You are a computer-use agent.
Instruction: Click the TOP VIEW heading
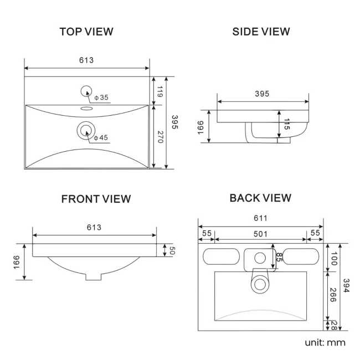click(x=86, y=32)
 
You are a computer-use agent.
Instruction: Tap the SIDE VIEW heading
click(x=261, y=32)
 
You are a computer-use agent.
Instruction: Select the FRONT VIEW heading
click(x=96, y=199)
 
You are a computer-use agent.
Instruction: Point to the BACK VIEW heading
click(x=260, y=198)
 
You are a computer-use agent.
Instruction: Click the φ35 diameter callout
click(x=101, y=97)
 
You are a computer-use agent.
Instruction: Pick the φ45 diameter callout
click(x=101, y=137)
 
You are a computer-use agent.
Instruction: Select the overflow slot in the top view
click(x=87, y=108)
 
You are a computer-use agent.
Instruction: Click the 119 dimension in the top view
click(x=160, y=91)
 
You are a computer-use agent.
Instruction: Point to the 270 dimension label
click(x=160, y=137)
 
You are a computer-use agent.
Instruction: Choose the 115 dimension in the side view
click(x=287, y=124)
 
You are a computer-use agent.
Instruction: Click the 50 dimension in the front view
click(x=172, y=250)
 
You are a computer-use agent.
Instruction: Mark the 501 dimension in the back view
click(x=260, y=234)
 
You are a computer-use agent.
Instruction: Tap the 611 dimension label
click(x=260, y=218)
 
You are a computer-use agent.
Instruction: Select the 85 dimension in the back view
click(x=279, y=257)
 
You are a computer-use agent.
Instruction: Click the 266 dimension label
click(x=333, y=295)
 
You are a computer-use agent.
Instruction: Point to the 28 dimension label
click(x=333, y=326)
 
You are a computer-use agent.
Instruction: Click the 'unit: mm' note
click(x=325, y=342)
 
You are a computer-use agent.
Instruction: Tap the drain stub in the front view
click(x=94, y=277)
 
